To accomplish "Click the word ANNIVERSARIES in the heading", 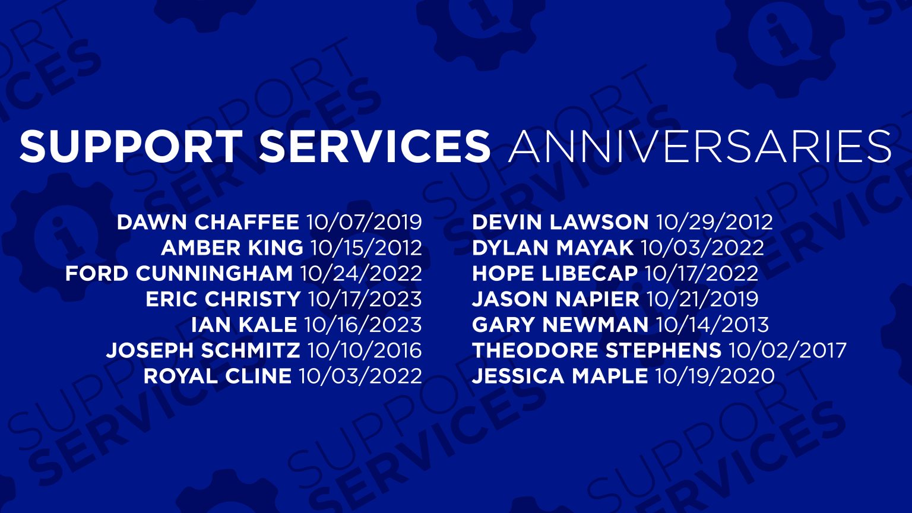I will pyautogui.click(x=699, y=145).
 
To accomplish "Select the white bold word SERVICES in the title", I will pyautogui.click(x=375, y=145).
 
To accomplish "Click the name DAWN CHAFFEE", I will pyautogui.click(x=208, y=222).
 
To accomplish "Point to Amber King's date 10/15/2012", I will pyautogui.click(x=366, y=248).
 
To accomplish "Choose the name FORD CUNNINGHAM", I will pyautogui.click(x=179, y=274).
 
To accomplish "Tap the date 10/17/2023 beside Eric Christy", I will pyautogui.click(x=365, y=299).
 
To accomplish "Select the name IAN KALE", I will pyautogui.click(x=244, y=325).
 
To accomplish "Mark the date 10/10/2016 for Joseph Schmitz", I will pyautogui.click(x=365, y=350).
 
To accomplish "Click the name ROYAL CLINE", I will pyautogui.click(x=217, y=376).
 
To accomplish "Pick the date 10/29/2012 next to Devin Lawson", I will pyautogui.click(x=714, y=222).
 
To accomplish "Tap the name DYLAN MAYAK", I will pyautogui.click(x=553, y=248).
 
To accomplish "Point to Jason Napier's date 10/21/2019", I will pyautogui.click(x=702, y=299).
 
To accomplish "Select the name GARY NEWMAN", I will pyautogui.click(x=560, y=325).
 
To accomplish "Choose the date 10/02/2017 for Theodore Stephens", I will pyautogui.click(x=787, y=350).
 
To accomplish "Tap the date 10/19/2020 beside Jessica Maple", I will pyautogui.click(x=715, y=376).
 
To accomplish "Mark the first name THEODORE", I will pyautogui.click(x=535, y=350).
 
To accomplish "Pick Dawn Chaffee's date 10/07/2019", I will pyautogui.click(x=364, y=222).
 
